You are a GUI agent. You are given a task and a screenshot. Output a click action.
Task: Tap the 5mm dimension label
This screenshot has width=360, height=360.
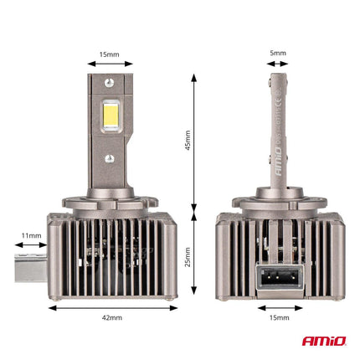point(278,53)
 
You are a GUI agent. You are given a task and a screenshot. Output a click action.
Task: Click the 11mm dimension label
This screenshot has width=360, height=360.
point(33,236)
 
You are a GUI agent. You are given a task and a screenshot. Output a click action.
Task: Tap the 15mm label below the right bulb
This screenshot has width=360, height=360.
point(278,318)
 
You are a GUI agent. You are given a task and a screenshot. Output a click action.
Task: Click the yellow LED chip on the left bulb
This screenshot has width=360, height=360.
point(110,118)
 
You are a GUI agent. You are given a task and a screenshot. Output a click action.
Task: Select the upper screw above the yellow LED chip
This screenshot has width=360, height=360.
point(110,82)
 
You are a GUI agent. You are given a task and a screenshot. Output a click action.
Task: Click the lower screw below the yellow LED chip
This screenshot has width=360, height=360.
point(110,157)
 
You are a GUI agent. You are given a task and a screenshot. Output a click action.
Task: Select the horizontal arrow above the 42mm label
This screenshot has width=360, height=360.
point(113,306)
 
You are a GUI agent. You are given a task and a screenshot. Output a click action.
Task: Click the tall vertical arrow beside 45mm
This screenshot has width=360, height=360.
point(195,141)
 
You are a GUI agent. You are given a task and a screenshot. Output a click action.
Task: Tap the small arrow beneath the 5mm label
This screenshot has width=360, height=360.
point(278,64)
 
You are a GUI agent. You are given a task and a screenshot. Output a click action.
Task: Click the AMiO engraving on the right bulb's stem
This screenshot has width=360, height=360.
point(277,159)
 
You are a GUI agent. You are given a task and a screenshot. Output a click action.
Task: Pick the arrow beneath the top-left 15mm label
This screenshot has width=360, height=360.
point(110,64)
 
